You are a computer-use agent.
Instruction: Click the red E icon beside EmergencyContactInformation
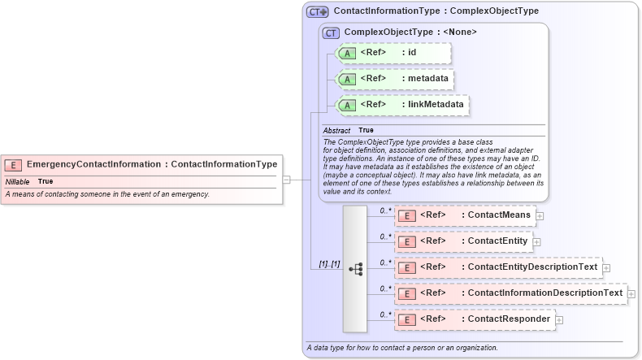15,164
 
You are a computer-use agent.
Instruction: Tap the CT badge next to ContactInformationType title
317,12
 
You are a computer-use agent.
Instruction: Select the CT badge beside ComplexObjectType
331,33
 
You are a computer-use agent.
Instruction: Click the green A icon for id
347,54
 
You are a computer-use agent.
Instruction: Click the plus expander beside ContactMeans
539,216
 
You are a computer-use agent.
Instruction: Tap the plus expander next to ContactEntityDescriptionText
606,267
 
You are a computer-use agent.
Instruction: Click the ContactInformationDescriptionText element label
544,293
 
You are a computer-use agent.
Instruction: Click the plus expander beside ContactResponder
558,320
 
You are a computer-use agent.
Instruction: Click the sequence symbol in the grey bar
355,268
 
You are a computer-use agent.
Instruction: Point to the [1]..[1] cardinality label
329,265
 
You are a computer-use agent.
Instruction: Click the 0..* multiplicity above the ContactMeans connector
385,210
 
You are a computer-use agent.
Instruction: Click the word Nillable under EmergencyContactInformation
18,181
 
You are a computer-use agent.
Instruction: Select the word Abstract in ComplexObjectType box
336,130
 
